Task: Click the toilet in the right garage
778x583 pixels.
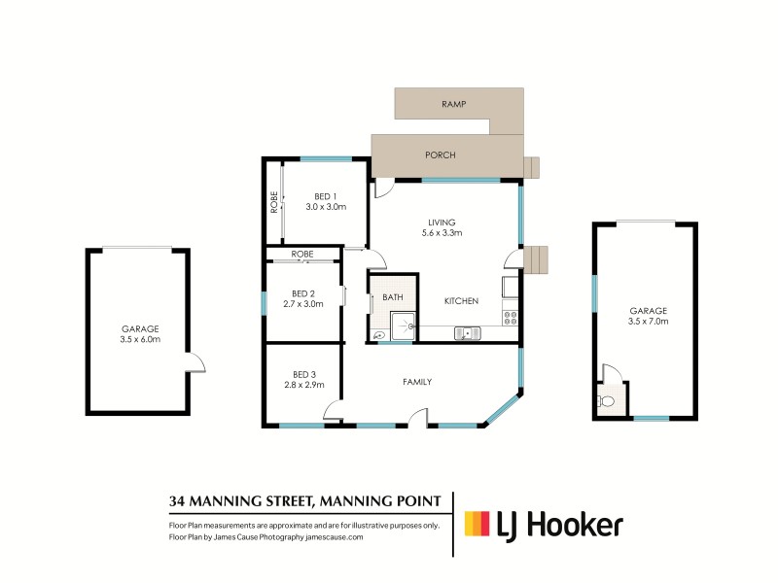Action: (608, 400)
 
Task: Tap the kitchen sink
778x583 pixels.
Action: (468, 333)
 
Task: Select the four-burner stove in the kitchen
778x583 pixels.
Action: (510, 316)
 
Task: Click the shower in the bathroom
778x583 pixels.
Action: (403, 326)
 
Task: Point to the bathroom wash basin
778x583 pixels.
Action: (377, 334)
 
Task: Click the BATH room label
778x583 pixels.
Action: (392, 297)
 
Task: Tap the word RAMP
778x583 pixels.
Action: (453, 103)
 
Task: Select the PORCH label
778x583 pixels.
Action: (441, 154)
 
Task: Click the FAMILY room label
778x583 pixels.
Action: (416, 382)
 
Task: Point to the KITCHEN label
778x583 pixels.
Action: (461, 302)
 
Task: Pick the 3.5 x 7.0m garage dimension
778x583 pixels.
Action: (648, 321)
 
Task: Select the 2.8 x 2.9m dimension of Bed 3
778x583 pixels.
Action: (303, 386)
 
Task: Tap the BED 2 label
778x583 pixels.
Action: (303, 293)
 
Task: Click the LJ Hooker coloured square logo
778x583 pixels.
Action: (477, 525)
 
